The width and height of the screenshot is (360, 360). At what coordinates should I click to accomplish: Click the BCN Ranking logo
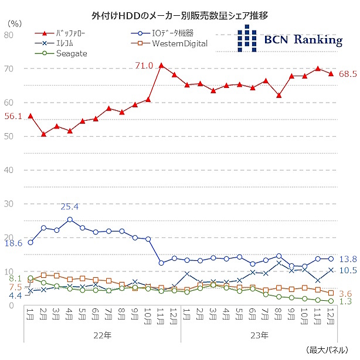[x=290, y=40]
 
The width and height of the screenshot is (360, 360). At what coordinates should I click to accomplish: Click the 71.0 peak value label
[x=144, y=65]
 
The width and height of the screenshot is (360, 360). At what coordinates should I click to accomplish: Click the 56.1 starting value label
[x=13, y=116]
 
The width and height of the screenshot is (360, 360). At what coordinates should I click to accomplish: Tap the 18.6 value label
[x=13, y=242]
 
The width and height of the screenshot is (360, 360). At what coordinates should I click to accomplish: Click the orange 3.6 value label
[x=345, y=293]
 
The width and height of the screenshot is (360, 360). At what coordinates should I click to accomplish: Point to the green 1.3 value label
[x=345, y=301]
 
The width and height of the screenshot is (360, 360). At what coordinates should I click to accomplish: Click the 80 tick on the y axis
[x=9, y=35]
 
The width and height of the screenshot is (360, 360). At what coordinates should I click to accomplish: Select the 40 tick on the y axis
[x=9, y=170]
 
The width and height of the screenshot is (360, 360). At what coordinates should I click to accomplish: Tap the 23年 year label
[x=260, y=335]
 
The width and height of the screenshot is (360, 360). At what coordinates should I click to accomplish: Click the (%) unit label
[x=16, y=23]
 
